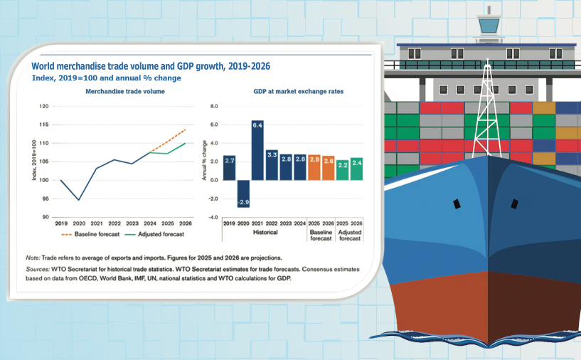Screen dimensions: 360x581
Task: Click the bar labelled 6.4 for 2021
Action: tap(257, 151)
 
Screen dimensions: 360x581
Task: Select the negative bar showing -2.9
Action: tap(242, 193)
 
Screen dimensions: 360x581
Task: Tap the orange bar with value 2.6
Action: tap(328, 167)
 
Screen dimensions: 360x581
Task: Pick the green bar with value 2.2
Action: tap(342, 169)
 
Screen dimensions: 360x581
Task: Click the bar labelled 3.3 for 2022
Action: tap(271, 164)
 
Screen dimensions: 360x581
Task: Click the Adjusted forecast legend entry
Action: tap(156, 233)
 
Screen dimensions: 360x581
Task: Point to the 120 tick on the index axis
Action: tap(45, 107)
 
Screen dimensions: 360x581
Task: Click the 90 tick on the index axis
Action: tap(46, 217)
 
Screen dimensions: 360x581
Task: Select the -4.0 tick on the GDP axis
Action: tap(211, 217)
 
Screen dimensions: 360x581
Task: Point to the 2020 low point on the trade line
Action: tap(78, 200)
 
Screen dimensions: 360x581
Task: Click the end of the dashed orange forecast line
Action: tap(185, 129)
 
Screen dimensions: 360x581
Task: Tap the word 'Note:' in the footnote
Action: tap(33, 258)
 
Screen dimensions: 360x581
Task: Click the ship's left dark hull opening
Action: tap(456, 204)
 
